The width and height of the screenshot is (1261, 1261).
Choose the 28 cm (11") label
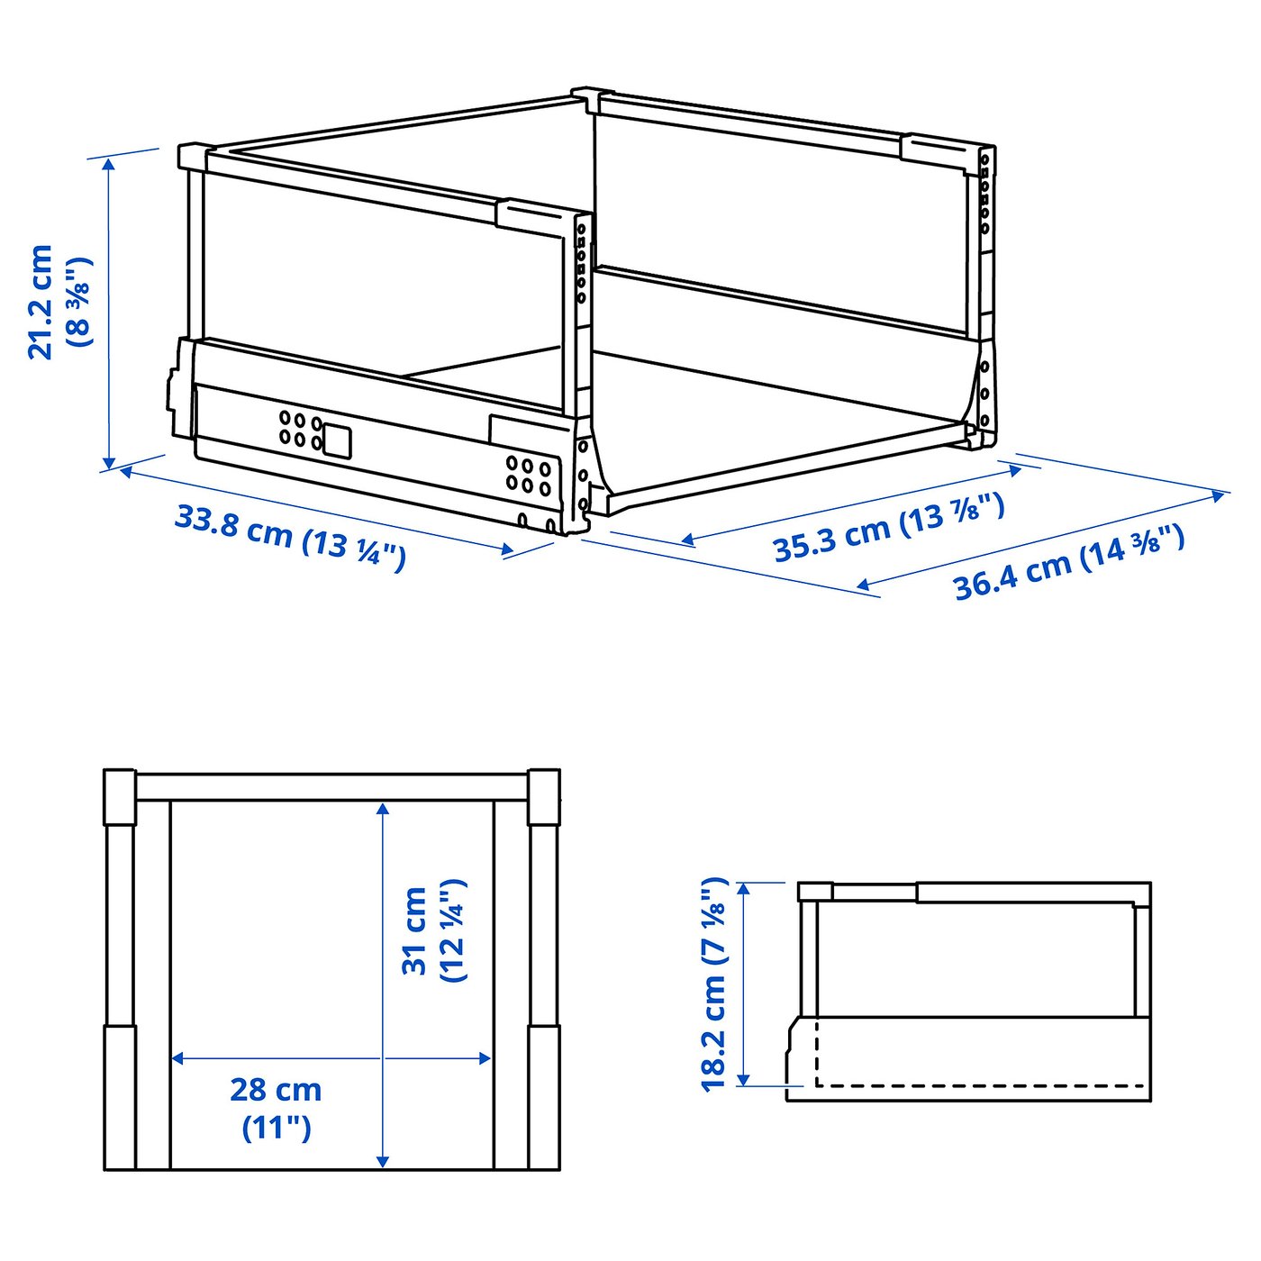coord(276,1107)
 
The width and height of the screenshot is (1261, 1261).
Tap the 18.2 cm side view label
coord(713,984)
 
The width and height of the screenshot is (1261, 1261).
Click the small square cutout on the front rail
coord(337,440)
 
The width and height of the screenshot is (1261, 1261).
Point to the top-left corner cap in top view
coord(119,796)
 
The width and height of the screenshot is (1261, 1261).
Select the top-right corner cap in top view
coord(543,796)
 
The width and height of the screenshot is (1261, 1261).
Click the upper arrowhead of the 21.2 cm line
coord(109,163)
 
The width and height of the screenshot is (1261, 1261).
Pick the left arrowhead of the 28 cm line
coord(177,1058)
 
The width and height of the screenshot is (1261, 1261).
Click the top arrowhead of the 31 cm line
coord(384,808)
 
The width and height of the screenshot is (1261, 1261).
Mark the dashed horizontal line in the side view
coord(982,1085)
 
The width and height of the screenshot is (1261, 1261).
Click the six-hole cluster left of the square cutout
coord(300,430)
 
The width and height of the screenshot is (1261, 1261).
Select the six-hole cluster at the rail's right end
coord(528,476)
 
